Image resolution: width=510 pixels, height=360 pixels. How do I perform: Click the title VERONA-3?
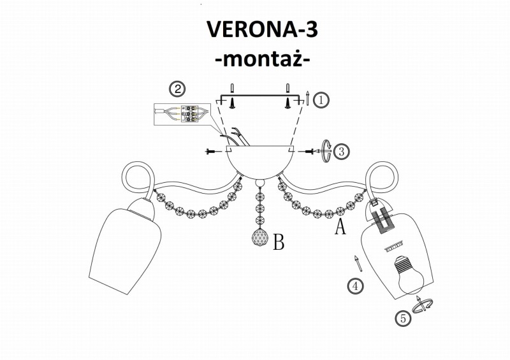262,29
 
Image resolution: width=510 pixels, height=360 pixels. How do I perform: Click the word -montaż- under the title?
263,59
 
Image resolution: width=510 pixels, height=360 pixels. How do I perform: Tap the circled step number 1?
321,100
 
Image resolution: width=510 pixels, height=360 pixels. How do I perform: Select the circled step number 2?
177,89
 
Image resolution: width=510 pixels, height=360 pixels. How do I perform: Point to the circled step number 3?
341,151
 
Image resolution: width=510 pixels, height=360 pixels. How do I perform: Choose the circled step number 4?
356,286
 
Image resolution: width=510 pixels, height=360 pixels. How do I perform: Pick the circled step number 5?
403,319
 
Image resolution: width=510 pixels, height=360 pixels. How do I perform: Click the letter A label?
340,226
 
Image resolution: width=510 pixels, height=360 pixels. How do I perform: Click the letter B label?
279,242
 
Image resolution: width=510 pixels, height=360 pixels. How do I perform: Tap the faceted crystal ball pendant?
260,238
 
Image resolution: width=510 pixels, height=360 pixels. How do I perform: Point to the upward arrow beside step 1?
308,97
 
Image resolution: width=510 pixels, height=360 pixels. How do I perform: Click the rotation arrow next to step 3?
326,151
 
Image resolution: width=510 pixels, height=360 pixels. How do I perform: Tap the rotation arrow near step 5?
422,305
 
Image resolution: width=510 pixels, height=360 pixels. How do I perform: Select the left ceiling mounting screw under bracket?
232,103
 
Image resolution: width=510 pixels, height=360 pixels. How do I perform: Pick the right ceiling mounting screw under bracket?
288,103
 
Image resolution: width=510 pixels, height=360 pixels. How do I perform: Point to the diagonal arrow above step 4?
358,263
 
